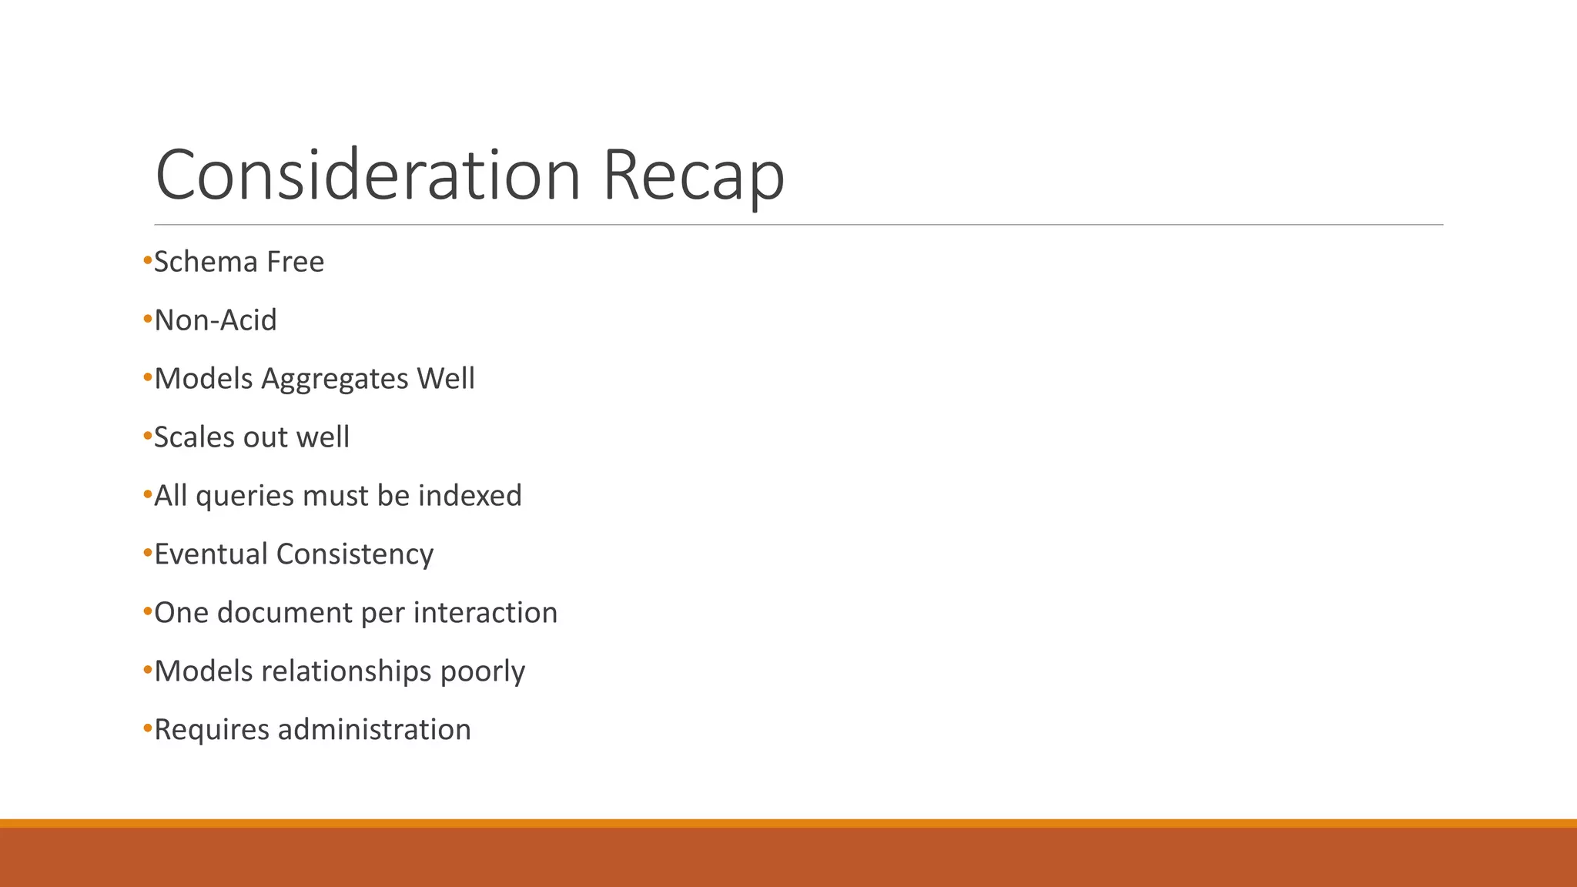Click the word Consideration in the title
[x=367, y=175]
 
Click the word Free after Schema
[x=295, y=262]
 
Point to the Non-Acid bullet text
[x=216, y=320]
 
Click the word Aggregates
[x=335, y=380]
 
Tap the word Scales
[x=193, y=437]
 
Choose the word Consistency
[x=354, y=555]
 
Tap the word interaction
[x=485, y=613]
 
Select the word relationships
[x=347, y=671]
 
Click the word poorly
[x=483, y=672]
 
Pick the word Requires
[x=212, y=731]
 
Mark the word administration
[x=374, y=730]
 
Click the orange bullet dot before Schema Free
[x=148, y=262]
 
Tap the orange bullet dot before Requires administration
[x=148, y=728]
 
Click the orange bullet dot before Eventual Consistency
[x=148, y=553]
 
